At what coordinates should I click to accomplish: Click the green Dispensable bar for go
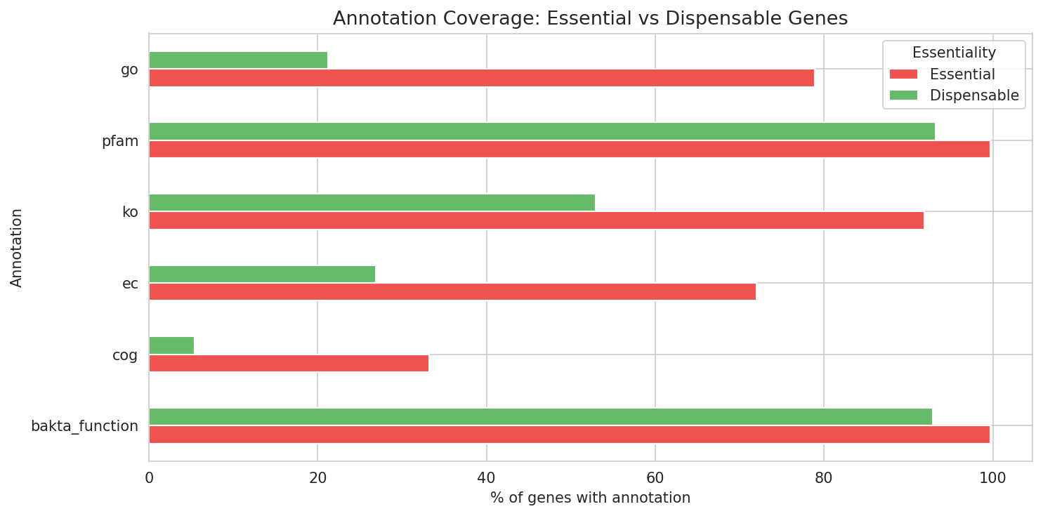click(238, 60)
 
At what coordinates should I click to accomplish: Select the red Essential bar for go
click(481, 78)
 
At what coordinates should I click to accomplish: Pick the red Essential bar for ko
click(536, 220)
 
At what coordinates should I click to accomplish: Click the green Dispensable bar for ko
click(372, 203)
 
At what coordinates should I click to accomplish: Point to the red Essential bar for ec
click(452, 292)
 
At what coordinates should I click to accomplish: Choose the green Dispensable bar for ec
click(262, 274)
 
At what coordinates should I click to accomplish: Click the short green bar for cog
click(171, 345)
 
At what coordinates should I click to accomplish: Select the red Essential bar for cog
click(289, 364)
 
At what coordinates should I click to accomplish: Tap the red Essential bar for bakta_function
click(569, 435)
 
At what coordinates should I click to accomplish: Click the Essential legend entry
click(962, 74)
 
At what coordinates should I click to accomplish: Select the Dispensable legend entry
click(973, 95)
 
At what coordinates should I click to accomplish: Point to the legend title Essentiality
click(953, 53)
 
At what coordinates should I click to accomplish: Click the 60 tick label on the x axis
click(655, 478)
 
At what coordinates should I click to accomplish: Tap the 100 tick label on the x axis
click(992, 478)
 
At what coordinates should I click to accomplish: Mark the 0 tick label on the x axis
click(149, 478)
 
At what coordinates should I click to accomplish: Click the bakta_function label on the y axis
click(84, 426)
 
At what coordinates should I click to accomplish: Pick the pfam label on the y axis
click(119, 141)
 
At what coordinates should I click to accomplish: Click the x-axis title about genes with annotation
click(590, 498)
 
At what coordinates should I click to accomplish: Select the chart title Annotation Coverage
click(590, 19)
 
